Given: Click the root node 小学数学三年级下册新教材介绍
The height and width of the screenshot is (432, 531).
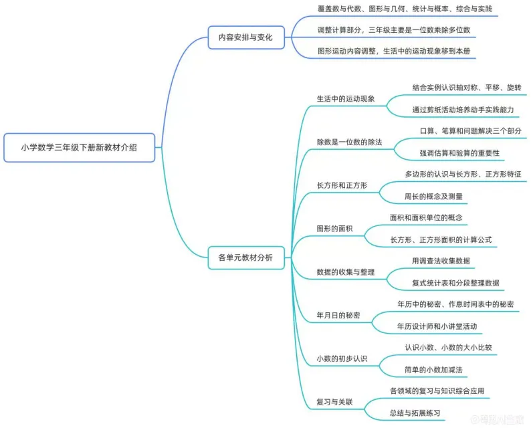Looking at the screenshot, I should pyautogui.click(x=80, y=148).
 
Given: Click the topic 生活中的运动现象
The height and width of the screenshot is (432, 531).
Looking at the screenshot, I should pyautogui.click(x=345, y=98).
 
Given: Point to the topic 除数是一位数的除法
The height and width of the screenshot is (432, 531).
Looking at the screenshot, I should pyautogui.click(x=349, y=142).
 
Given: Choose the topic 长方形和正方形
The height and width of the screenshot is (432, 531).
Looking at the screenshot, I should pyautogui.click(x=342, y=185).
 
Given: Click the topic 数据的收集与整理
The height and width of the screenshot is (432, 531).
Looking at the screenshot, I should pyautogui.click(x=345, y=272).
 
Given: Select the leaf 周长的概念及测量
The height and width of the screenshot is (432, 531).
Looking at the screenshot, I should pyautogui.click(x=433, y=197).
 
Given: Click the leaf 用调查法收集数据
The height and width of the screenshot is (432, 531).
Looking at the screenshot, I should pyautogui.click(x=445, y=261).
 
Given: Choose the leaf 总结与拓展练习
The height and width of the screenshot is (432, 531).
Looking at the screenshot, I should pyautogui.click(x=415, y=413).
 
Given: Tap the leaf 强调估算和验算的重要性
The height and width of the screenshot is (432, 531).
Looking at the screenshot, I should pyautogui.click(x=459, y=153).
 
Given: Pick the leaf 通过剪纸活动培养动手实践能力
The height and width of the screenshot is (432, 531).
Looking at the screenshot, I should pyautogui.click(x=463, y=110).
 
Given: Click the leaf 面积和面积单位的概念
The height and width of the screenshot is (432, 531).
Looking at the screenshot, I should pyautogui.click(x=426, y=218).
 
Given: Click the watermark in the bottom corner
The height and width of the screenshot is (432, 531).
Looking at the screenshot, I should pyautogui.click(x=499, y=420).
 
